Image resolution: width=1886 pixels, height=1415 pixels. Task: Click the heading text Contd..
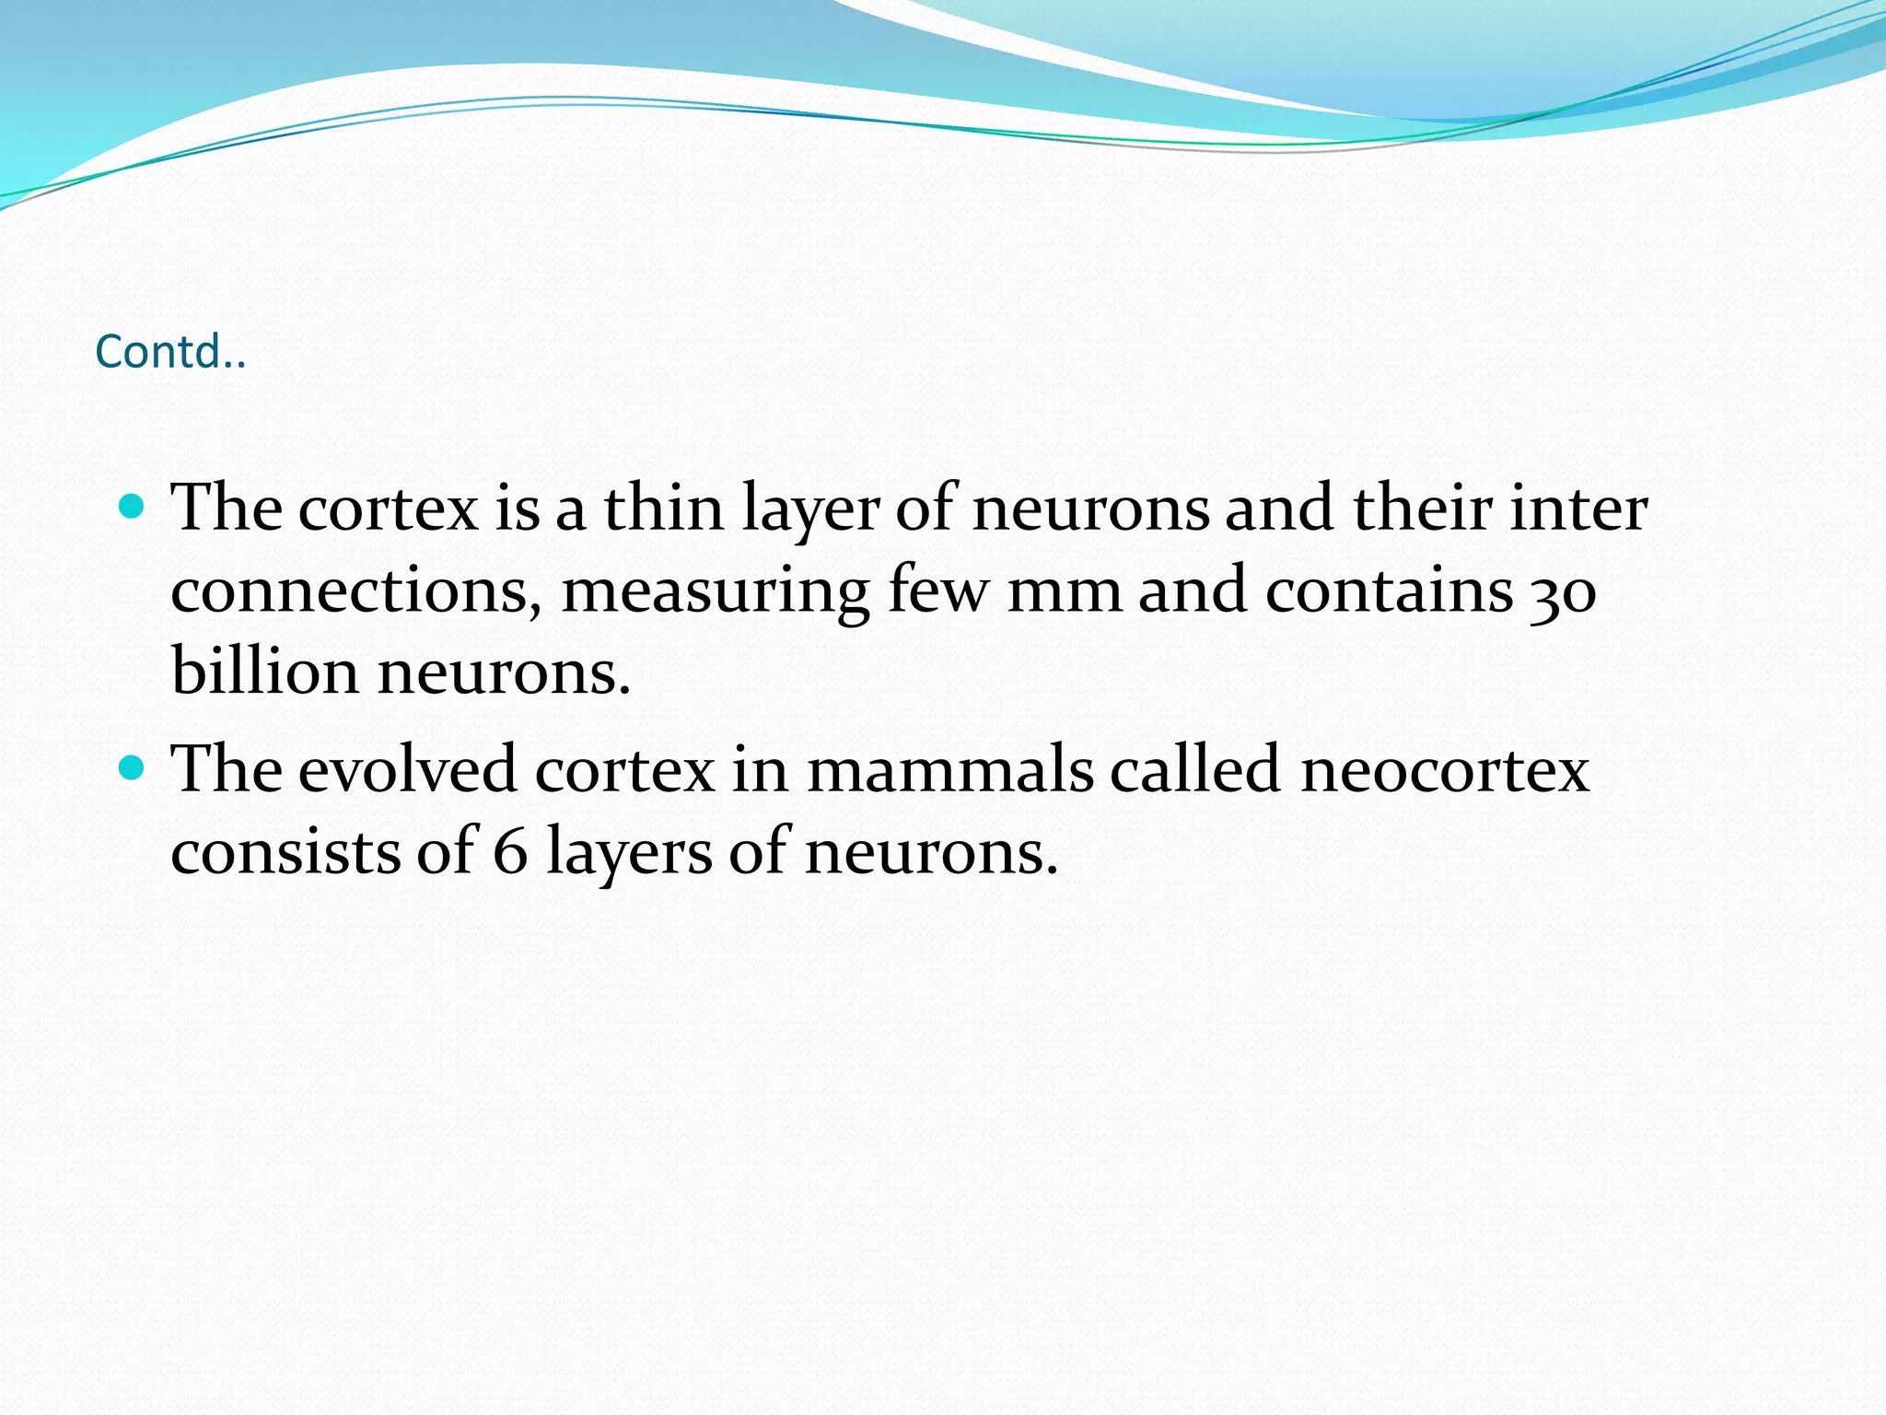click(x=170, y=351)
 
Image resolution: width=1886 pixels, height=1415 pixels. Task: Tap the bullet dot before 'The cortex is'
click(x=133, y=506)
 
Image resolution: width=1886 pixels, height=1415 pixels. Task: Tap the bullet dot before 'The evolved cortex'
click(x=133, y=766)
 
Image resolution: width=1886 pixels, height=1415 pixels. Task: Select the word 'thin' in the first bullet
click(x=663, y=508)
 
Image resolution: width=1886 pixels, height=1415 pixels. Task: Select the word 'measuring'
click(x=715, y=591)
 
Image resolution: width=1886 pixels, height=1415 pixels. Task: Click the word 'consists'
click(x=285, y=850)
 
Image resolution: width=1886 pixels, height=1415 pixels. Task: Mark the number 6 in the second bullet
click(x=510, y=850)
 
